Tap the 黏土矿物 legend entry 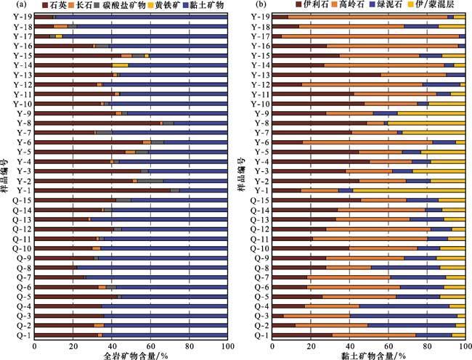[206, 5]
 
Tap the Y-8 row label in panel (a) [23, 123]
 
